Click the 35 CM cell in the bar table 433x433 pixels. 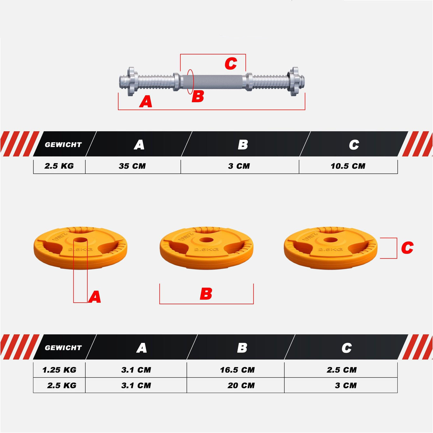[x=132, y=166]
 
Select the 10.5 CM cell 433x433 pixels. [x=348, y=166]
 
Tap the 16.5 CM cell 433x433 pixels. [x=237, y=370]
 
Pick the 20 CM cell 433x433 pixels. [x=241, y=385]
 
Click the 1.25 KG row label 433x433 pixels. [x=60, y=370]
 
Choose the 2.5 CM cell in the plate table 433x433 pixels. [x=342, y=370]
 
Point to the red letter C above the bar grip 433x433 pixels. [x=231, y=64]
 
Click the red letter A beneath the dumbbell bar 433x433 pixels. [x=146, y=102]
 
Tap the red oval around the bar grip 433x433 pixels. [x=190, y=81]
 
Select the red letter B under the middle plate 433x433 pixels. [x=206, y=294]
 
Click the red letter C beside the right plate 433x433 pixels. [x=407, y=248]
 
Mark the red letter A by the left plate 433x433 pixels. [x=95, y=297]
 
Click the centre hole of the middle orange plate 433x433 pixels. [x=206, y=240]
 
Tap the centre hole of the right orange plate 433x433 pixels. [x=330, y=240]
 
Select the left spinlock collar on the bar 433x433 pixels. [x=131, y=81]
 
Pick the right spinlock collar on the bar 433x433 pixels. [x=294, y=81]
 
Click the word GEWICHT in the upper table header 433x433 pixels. [x=63, y=145]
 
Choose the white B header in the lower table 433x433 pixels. [x=242, y=348]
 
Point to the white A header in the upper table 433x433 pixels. [x=139, y=145]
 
